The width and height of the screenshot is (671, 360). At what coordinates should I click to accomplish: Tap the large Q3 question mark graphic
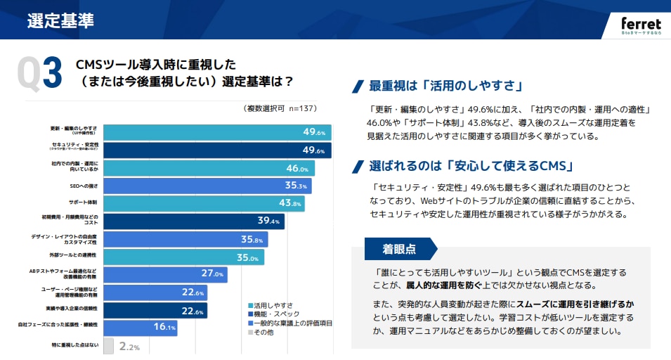point(39,73)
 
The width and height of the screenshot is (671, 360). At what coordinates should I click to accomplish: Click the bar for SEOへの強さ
point(207,186)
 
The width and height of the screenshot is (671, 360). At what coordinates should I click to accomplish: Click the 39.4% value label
point(268,221)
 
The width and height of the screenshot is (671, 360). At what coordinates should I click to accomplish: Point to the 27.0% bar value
point(212,274)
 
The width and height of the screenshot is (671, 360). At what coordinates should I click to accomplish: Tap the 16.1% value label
point(164,327)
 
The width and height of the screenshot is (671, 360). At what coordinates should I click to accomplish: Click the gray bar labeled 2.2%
point(109,345)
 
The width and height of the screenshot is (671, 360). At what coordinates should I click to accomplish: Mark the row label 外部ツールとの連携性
point(73,255)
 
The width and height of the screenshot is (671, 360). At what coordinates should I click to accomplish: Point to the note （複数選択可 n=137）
point(280,108)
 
